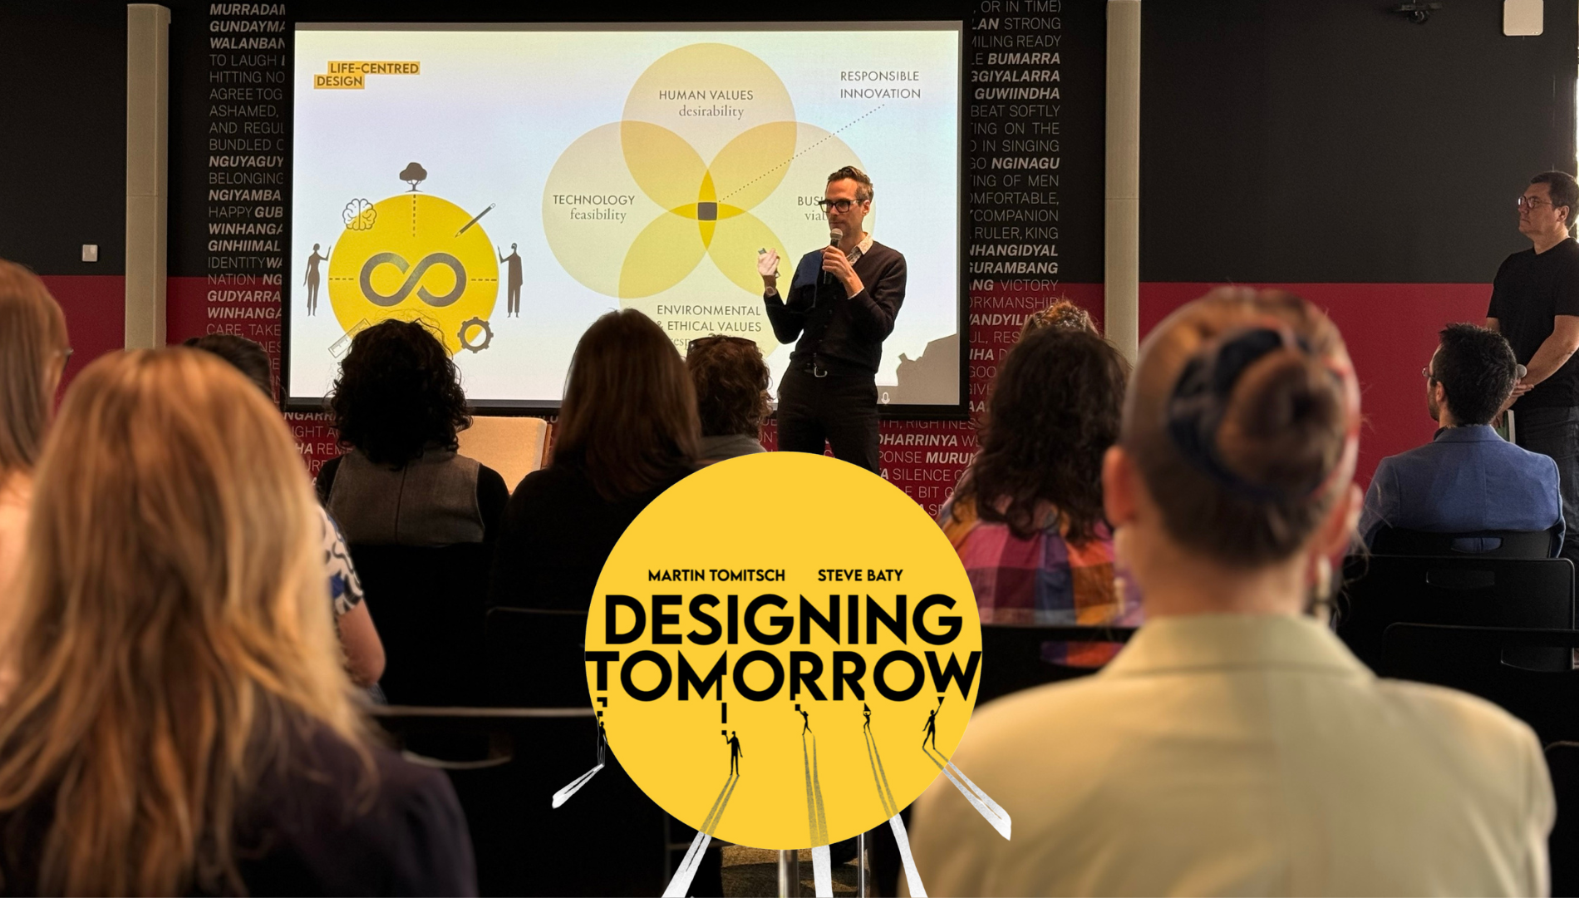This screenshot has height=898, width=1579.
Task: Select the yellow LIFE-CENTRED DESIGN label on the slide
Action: pyautogui.click(x=367, y=74)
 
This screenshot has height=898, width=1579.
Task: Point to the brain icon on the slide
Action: pyautogui.click(x=359, y=215)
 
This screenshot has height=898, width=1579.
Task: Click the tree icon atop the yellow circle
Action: pyautogui.click(x=413, y=175)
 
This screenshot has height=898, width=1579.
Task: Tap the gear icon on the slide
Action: pyautogui.click(x=475, y=335)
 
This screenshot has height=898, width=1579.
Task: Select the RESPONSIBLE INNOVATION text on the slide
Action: pyautogui.click(x=879, y=85)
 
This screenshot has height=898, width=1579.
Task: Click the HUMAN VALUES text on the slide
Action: pyautogui.click(x=706, y=95)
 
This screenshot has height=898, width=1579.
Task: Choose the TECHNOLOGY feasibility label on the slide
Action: pyautogui.click(x=593, y=207)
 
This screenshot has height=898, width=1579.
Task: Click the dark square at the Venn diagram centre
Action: pyautogui.click(x=707, y=211)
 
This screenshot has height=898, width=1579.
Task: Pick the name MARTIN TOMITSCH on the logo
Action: pyautogui.click(x=716, y=575)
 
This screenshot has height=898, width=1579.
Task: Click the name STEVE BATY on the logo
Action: pyautogui.click(x=860, y=575)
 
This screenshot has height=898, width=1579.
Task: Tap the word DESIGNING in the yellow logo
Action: pyautogui.click(x=781, y=620)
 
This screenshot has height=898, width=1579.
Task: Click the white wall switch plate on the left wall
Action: pyautogui.click(x=90, y=253)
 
